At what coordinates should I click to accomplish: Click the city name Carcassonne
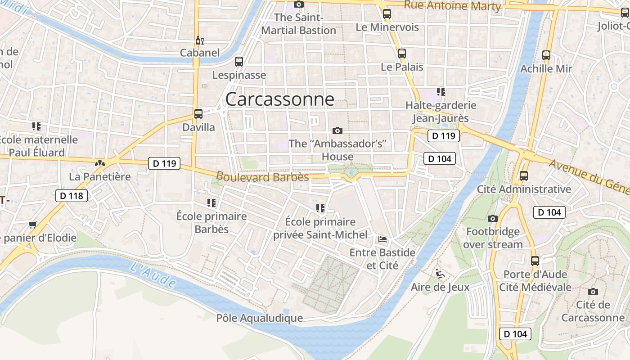tap(279, 99)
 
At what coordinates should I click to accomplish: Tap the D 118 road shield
tap(71, 196)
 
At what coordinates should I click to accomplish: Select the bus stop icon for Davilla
tap(198, 113)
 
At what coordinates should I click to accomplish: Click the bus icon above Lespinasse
tap(239, 62)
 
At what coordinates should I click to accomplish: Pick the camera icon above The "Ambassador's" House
tap(337, 130)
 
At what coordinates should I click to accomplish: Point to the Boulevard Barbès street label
tap(263, 176)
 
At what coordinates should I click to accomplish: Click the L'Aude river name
tap(153, 274)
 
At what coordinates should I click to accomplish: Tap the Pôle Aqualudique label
tap(260, 318)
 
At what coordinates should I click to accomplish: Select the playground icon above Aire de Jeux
tap(440, 273)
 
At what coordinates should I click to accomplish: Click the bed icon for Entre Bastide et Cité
tap(382, 239)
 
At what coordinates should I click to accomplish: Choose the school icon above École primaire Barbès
tap(211, 203)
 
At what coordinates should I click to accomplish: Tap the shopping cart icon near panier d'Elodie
tap(32, 224)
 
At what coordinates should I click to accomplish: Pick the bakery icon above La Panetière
tap(100, 163)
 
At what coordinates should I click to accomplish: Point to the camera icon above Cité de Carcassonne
tap(593, 291)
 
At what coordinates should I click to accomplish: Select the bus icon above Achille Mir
tap(546, 55)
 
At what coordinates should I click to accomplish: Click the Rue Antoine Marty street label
tap(452, 6)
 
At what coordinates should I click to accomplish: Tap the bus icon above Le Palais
tap(402, 54)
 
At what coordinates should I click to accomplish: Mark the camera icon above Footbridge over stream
tap(493, 218)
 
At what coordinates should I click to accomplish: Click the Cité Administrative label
tap(524, 189)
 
